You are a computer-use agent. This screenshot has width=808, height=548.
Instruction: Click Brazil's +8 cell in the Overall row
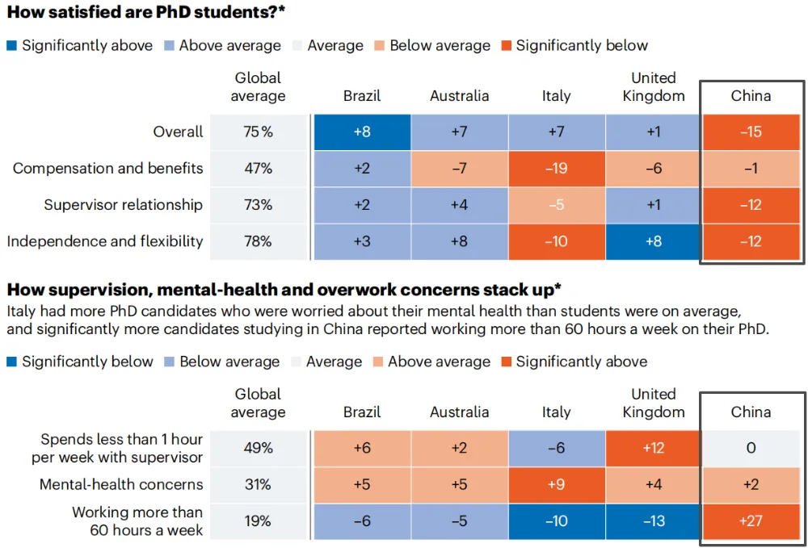tap(362, 132)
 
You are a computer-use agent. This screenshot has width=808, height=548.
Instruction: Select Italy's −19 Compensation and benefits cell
tap(556, 169)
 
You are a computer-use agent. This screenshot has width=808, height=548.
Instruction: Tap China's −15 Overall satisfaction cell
tap(751, 132)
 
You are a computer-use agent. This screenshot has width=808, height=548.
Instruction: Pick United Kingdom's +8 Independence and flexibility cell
tap(653, 241)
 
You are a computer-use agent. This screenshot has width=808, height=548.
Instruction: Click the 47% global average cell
tap(259, 169)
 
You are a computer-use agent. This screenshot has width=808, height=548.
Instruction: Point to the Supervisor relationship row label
tap(123, 205)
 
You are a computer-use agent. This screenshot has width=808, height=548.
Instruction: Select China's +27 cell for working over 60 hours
tap(751, 521)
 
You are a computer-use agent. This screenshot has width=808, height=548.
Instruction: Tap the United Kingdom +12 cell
tap(653, 448)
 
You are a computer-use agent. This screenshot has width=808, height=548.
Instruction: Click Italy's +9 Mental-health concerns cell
tap(556, 485)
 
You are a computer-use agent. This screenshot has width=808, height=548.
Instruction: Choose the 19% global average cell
tap(259, 521)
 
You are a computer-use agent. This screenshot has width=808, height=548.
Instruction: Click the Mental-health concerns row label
tap(121, 485)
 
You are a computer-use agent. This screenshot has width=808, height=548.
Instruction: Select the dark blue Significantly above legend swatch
tap(13, 46)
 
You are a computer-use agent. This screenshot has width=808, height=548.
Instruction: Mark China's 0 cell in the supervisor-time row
tap(751, 448)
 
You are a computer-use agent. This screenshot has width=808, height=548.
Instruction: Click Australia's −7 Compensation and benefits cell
tap(459, 169)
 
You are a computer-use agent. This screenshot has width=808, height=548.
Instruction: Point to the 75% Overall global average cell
tap(259, 132)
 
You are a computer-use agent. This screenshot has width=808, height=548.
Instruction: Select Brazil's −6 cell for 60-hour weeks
tap(362, 521)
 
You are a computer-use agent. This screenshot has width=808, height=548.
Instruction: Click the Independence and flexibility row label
tap(108, 241)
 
